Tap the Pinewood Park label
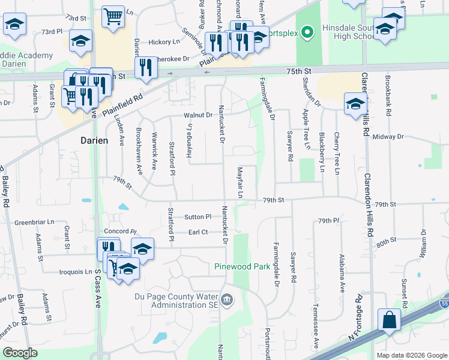tap(243, 266)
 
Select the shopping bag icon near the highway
tap(389, 320)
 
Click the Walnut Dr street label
tap(199, 115)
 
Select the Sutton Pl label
tap(198, 217)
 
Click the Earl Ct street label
tap(197, 232)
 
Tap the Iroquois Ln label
tap(76, 272)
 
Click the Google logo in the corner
tap(20, 353)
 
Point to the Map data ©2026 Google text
tap(411, 355)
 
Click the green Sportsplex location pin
tap(307, 31)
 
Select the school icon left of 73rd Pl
tap(14, 25)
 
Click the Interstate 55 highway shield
tap(445, 305)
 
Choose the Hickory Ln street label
tap(164, 42)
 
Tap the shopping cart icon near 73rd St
tap(113, 16)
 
